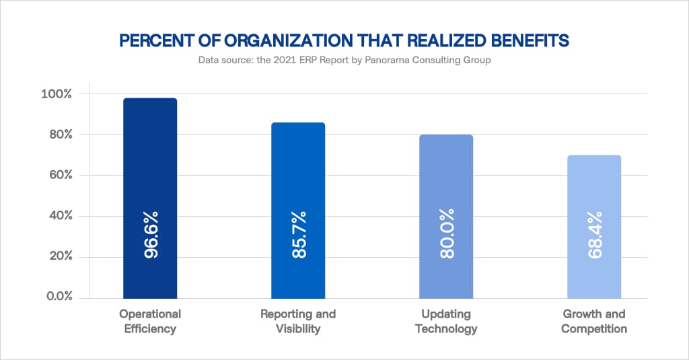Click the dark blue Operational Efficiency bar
pos(150,168)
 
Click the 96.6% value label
pos(151,236)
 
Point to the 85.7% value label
pos(299,235)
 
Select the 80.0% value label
pos(447,235)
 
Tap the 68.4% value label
pos(595,235)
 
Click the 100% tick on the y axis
pos(55,94)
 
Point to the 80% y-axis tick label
pos(57,135)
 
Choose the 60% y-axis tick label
pos(57,176)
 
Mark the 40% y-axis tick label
pos(57,216)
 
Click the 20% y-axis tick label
pos(57,257)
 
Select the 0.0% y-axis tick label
pos(55,297)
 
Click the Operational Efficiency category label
pos(150,322)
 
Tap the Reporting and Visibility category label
pos(298,322)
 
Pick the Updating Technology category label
pos(446,322)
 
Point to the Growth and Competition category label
pos(594,322)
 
